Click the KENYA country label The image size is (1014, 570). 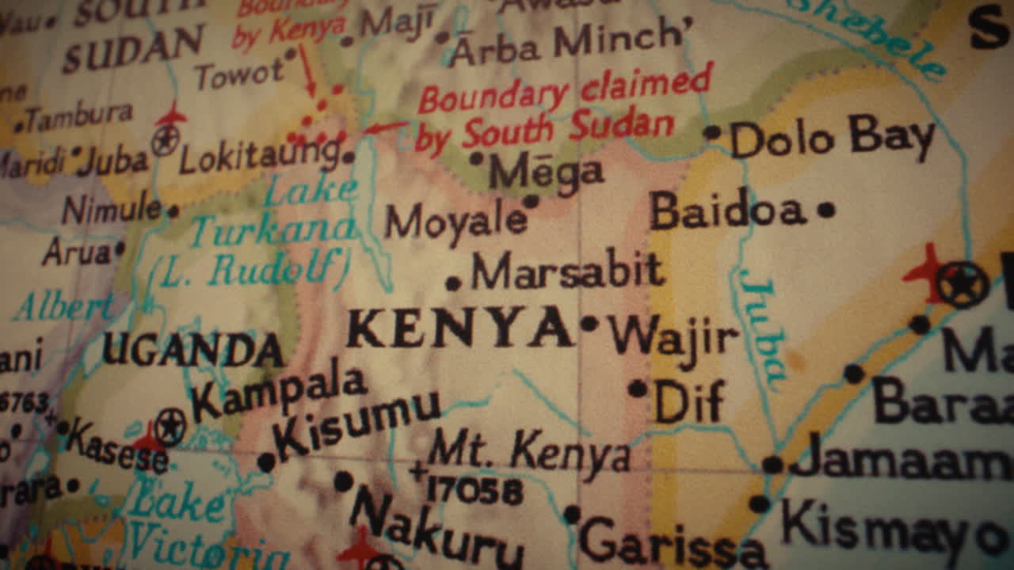[459, 328]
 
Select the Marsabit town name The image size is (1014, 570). [567, 272]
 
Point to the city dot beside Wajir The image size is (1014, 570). [589, 323]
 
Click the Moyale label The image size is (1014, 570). [456, 222]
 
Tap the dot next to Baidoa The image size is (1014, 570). [825, 210]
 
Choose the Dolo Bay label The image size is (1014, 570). [832, 139]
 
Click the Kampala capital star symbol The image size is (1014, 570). [170, 427]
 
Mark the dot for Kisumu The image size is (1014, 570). [266, 462]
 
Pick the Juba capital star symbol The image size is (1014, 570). [166, 142]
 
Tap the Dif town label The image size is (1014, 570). [688, 401]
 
